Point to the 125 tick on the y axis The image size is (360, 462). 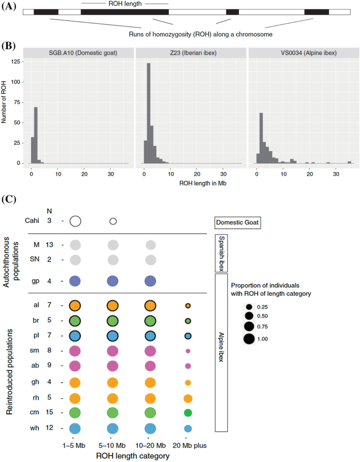pos(16,61)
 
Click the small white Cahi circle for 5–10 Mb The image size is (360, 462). pos(113,221)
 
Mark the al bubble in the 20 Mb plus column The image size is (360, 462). pos(188,306)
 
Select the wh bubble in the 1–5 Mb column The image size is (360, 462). pos(75,429)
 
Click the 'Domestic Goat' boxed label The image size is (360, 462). pos(238,223)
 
